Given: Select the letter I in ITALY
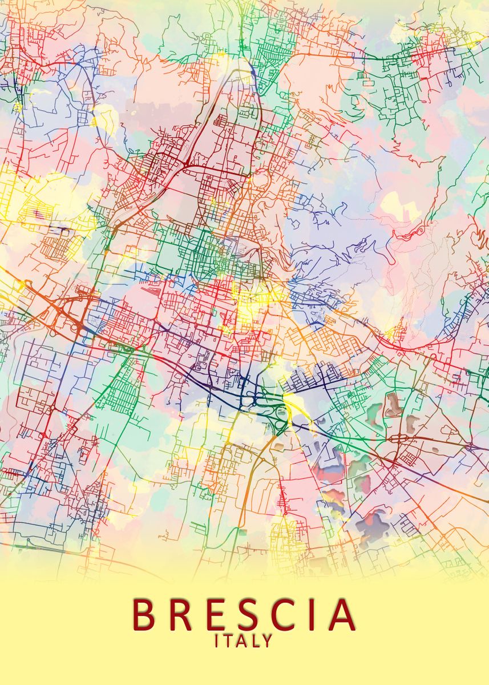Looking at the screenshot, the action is (217, 641).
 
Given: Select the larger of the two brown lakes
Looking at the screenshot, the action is (392, 404).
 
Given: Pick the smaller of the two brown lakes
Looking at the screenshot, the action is (412, 423).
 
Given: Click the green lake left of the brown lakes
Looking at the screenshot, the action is (374, 410).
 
